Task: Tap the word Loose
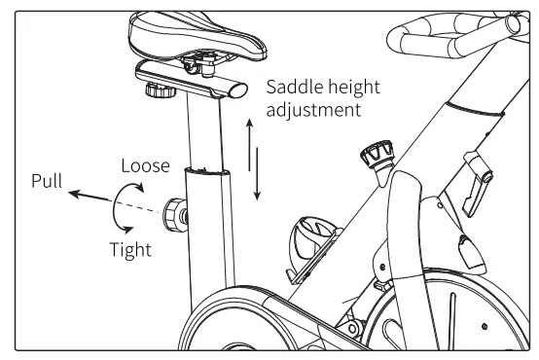click(145, 165)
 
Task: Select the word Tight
click(129, 249)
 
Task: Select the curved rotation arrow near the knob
click(119, 205)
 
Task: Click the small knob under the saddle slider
click(156, 93)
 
